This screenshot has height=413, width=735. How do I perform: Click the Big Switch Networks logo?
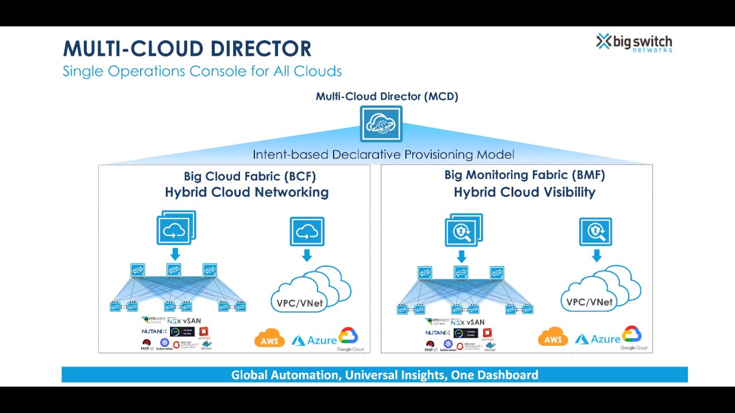tap(634, 42)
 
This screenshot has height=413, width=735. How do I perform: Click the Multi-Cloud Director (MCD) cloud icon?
tap(381, 123)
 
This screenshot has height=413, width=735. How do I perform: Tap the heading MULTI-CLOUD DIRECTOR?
tap(187, 49)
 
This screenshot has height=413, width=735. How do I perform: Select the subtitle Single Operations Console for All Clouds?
tap(202, 72)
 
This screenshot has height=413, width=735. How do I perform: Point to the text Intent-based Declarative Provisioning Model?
tap(383, 155)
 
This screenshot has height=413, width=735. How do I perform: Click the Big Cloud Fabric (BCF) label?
tap(250, 176)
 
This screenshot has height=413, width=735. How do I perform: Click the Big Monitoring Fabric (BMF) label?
tap(524, 175)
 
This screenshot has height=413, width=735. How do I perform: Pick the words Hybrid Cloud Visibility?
tap(524, 192)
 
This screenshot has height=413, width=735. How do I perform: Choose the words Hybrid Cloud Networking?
tap(247, 192)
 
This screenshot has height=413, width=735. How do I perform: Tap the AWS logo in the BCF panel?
tap(269, 339)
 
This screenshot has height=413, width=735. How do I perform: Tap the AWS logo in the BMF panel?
tap(553, 338)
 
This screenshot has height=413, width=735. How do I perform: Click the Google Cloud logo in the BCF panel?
tap(350, 338)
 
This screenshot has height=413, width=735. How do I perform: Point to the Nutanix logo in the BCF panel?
tap(154, 332)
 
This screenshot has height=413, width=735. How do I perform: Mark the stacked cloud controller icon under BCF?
tap(176, 228)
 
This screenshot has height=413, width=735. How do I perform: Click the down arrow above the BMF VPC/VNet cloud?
tap(597, 255)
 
